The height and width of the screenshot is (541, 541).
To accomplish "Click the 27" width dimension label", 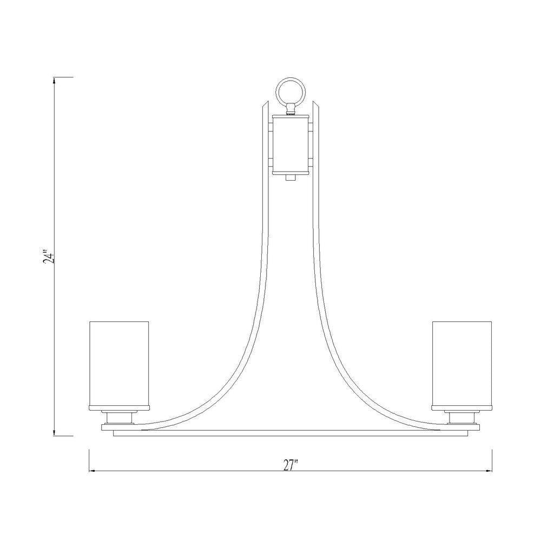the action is (291, 465).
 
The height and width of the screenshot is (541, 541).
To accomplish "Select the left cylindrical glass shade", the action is (119, 364).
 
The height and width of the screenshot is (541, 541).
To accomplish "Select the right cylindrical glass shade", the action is (462, 364).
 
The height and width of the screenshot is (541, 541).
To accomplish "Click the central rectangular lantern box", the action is (291, 144).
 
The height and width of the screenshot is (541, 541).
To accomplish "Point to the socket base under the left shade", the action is (120, 417).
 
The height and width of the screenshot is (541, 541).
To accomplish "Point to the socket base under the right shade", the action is (462, 417).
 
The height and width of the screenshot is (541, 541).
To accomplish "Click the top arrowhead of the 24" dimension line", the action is (54, 81).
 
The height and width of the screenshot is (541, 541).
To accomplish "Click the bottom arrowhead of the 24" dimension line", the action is (54, 433).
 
